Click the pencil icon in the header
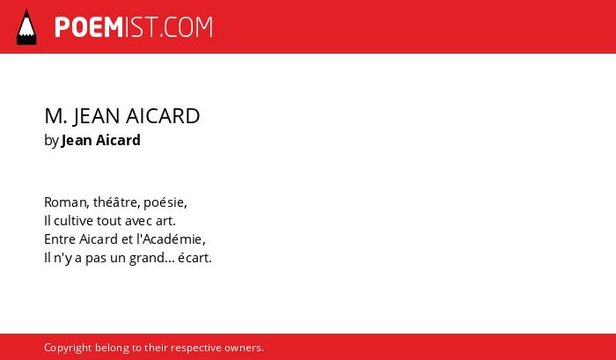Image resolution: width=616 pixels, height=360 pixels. (26, 26)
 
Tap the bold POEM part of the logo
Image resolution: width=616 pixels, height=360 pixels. (89, 27)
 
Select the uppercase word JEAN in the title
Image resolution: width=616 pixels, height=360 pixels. (97, 116)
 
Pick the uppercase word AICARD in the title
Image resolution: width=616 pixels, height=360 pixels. (163, 116)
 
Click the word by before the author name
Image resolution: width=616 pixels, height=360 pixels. (51, 141)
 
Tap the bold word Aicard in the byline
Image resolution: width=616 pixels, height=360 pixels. (118, 140)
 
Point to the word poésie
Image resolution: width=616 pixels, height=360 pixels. (165, 202)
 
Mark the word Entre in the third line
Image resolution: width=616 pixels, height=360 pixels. (60, 239)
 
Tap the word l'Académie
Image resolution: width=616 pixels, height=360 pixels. (171, 239)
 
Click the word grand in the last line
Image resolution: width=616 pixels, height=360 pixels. (151, 259)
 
